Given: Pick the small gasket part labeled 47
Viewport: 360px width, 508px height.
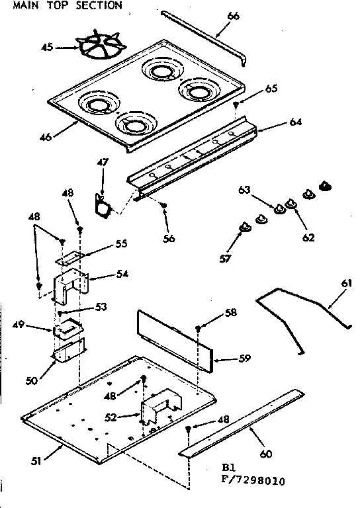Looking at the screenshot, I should [103, 204].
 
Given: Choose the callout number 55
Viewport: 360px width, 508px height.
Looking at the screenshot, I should [121, 244].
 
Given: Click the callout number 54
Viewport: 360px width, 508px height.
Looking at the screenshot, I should [121, 274].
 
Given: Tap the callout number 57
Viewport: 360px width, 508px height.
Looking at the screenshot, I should [226, 257].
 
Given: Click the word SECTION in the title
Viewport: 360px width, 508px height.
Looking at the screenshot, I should [98, 5].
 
